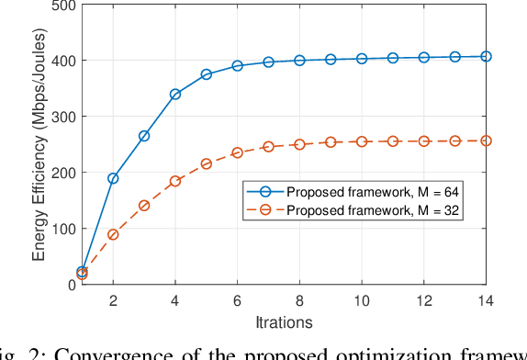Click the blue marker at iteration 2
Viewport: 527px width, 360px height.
pyautogui.click(x=113, y=178)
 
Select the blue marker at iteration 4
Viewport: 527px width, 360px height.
pyautogui.click(x=175, y=94)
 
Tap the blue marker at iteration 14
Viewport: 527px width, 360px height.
pyautogui.click(x=486, y=56)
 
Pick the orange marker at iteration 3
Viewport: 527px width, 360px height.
pyautogui.click(x=144, y=205)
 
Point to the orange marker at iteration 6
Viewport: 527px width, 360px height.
pyautogui.click(x=237, y=152)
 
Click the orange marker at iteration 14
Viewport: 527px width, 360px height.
pyautogui.click(x=486, y=141)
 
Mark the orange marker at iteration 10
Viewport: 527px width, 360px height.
pyautogui.click(x=362, y=141)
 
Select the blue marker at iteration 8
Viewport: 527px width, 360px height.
pyautogui.click(x=299, y=60)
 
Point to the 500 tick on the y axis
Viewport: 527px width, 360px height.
pyautogui.click(x=63, y=6)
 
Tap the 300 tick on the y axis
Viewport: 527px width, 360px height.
pyautogui.click(x=63, y=117)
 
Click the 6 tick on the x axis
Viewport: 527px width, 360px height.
pyautogui.click(x=237, y=301)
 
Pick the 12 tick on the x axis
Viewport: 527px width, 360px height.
pyautogui.click(x=423, y=301)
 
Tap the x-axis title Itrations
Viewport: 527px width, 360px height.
pyautogui.click(x=284, y=322)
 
